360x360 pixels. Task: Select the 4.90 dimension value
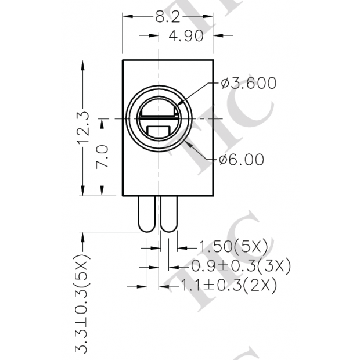click(x=185, y=36)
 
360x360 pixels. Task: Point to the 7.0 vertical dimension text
click(x=102, y=157)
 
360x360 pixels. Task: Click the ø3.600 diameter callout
click(x=249, y=83)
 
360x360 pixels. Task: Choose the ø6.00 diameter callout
click(x=242, y=159)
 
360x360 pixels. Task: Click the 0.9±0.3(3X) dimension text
click(x=240, y=267)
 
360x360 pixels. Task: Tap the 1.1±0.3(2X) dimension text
click(x=228, y=286)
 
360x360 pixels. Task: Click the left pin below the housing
click(x=145, y=214)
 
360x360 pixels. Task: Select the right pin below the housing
click(x=169, y=214)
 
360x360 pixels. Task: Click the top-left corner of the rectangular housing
click(x=123, y=59)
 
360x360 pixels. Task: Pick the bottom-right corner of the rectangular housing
click(x=214, y=196)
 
